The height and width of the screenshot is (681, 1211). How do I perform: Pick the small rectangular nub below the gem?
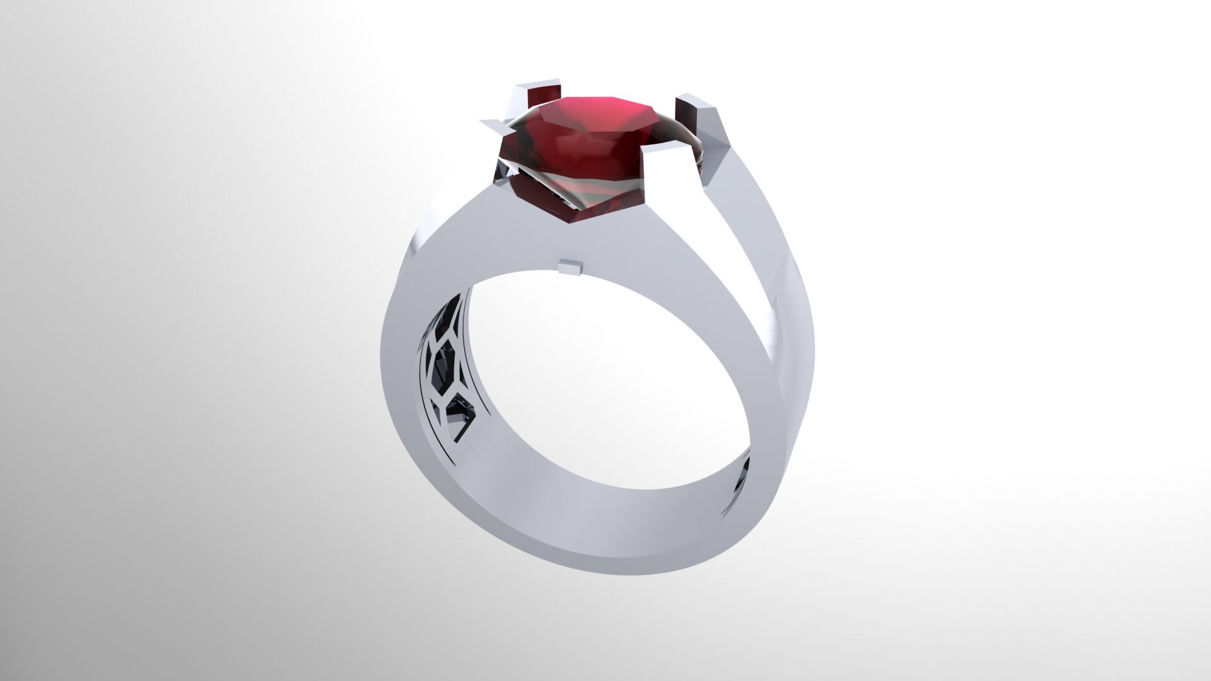coord(571,267)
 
